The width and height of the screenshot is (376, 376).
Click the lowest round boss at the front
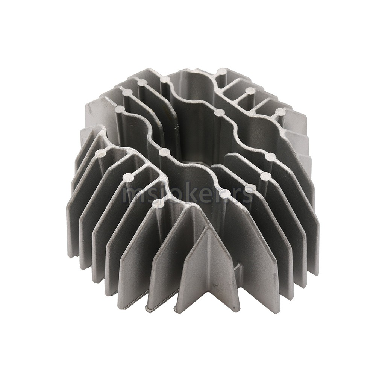157,203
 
